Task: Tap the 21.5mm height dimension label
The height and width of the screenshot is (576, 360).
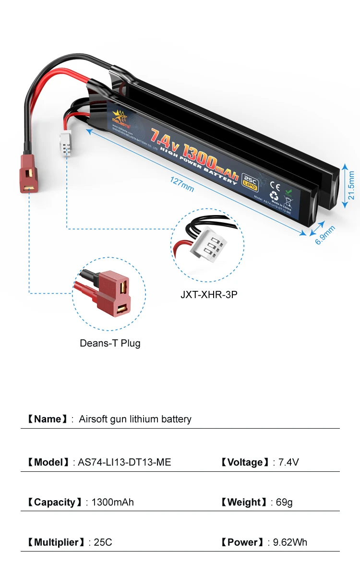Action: click(x=351, y=185)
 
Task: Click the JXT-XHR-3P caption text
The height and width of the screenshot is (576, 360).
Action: click(x=209, y=294)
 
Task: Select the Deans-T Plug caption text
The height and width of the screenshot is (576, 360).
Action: click(x=110, y=343)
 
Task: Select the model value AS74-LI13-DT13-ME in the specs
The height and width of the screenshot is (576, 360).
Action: click(x=124, y=462)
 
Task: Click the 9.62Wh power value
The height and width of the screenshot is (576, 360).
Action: click(x=290, y=542)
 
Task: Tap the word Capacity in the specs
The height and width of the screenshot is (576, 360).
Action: click(x=55, y=502)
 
